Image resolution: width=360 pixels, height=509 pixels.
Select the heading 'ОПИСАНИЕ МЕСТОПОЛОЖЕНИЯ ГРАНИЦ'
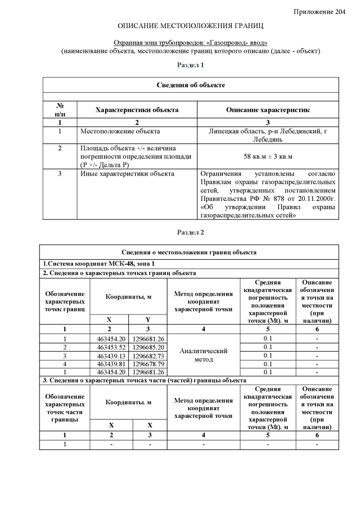tap(191, 26)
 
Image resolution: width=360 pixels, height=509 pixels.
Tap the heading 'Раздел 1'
tap(191, 65)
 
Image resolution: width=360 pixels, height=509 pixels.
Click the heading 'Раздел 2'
tap(191, 232)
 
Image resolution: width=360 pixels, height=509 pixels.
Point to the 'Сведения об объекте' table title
tap(191, 85)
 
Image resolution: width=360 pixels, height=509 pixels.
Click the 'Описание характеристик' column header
tap(268, 110)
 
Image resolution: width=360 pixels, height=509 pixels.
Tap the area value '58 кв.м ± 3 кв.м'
tap(268, 155)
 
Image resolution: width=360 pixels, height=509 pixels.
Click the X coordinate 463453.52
tap(111, 347)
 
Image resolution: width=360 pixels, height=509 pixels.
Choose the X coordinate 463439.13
tap(111, 355)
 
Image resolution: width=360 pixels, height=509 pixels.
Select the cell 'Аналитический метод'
tap(203, 355)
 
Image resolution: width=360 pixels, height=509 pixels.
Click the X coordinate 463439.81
tap(111, 363)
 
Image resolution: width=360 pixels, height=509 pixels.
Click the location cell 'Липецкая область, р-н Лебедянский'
tap(268, 135)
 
